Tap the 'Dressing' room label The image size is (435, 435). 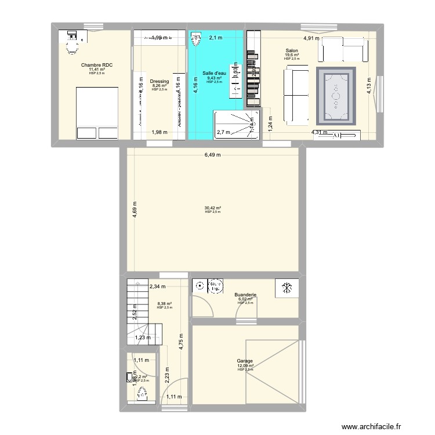coord(159,82)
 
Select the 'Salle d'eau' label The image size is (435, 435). coord(214,74)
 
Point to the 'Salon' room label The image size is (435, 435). coord(291,50)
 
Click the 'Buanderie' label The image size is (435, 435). coord(245,295)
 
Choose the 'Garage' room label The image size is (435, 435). coord(245,360)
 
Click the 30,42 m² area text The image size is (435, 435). coord(212,208)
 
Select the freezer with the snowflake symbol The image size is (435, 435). coord(287,288)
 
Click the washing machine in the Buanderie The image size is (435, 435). coord(216,286)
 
